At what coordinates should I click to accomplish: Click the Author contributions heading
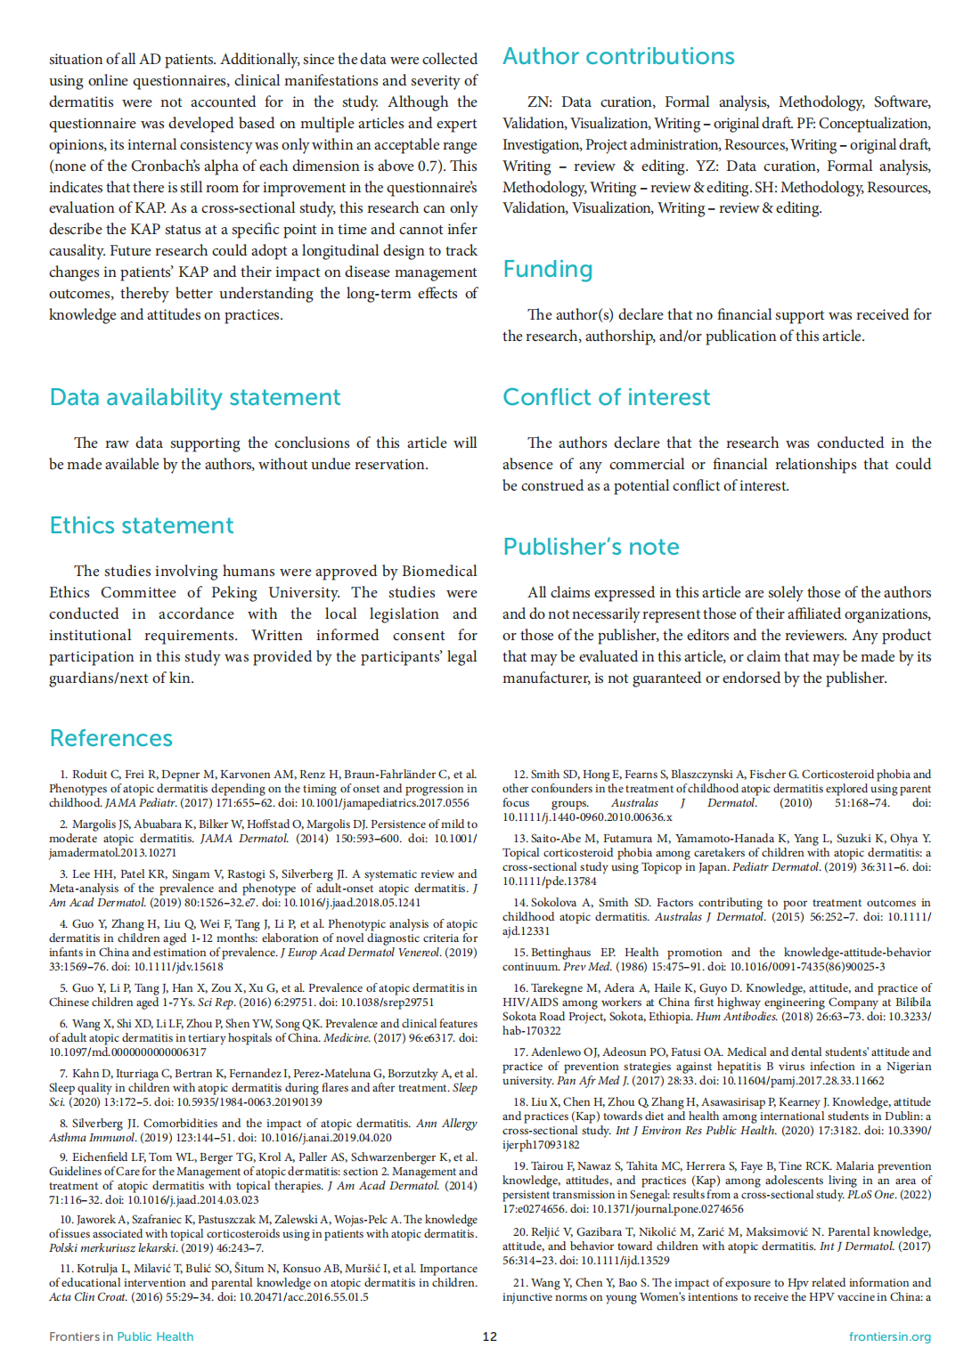(x=618, y=57)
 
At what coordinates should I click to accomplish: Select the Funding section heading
(x=547, y=270)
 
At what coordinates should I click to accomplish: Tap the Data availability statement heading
(x=195, y=398)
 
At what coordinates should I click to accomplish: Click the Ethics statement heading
(x=142, y=526)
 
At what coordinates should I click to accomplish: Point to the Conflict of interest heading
(x=606, y=398)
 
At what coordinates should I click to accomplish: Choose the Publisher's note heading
(x=591, y=548)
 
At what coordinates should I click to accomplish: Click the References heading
(x=111, y=739)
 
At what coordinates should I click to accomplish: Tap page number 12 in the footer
(x=490, y=1336)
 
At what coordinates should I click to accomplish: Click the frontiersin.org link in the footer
(x=889, y=1336)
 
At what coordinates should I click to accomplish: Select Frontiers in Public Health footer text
(x=121, y=1336)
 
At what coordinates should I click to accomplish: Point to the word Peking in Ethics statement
(x=234, y=593)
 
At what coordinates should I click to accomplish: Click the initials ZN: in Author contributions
(x=539, y=102)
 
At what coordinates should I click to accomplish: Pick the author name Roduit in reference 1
(x=90, y=775)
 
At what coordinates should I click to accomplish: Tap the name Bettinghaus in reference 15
(x=560, y=953)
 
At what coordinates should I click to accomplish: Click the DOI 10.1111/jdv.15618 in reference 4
(x=177, y=967)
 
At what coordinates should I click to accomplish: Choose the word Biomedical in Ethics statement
(x=439, y=572)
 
